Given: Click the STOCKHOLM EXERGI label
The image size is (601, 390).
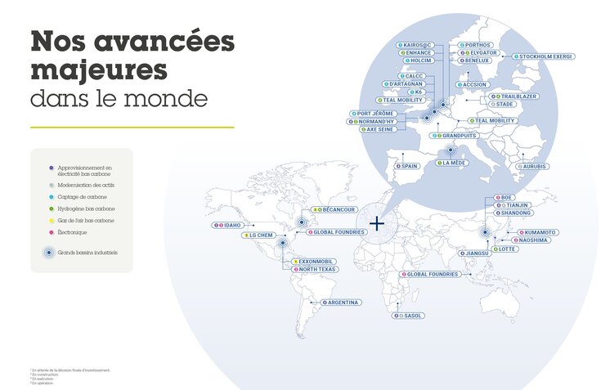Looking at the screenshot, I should pos(544,56).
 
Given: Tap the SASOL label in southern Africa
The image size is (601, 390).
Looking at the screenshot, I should pos(410,316).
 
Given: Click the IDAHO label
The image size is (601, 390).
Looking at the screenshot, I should pos(230,225).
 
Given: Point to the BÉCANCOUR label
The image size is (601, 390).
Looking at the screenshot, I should pos(335,210).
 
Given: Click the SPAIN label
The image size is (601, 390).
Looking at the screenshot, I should pos(407,165).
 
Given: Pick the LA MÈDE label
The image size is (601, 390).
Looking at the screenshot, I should pos(451,163).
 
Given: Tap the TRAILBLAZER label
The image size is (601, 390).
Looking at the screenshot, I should pos(514,96).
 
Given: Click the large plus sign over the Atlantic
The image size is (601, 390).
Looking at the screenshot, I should pos(377,222).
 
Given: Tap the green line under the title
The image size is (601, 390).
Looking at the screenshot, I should pos(132,127).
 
